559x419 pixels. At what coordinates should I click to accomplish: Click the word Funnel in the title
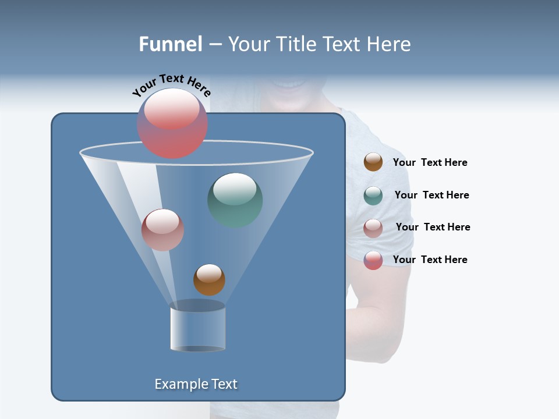click(x=170, y=44)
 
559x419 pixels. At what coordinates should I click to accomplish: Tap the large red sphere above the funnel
click(x=172, y=123)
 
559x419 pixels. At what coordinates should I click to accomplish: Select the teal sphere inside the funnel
click(x=235, y=200)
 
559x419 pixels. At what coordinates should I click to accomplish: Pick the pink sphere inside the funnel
click(x=162, y=230)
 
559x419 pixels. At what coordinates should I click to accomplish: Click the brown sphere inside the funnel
click(x=209, y=279)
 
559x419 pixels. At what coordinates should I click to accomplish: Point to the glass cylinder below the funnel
click(x=197, y=328)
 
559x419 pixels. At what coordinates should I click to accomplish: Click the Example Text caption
click(x=196, y=384)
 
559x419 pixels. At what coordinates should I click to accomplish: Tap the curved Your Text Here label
click(x=171, y=85)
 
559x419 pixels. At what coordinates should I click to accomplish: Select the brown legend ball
click(x=373, y=162)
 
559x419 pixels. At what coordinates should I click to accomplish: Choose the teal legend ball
click(x=373, y=196)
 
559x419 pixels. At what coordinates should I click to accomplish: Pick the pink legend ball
click(x=373, y=228)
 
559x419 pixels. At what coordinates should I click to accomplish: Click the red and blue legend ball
click(x=373, y=260)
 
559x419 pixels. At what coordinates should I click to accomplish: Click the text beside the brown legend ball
click(x=430, y=163)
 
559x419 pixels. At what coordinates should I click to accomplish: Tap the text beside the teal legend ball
click(x=431, y=195)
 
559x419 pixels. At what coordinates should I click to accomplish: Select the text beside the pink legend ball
click(x=433, y=227)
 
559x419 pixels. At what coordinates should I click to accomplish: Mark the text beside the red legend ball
click(x=430, y=260)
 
